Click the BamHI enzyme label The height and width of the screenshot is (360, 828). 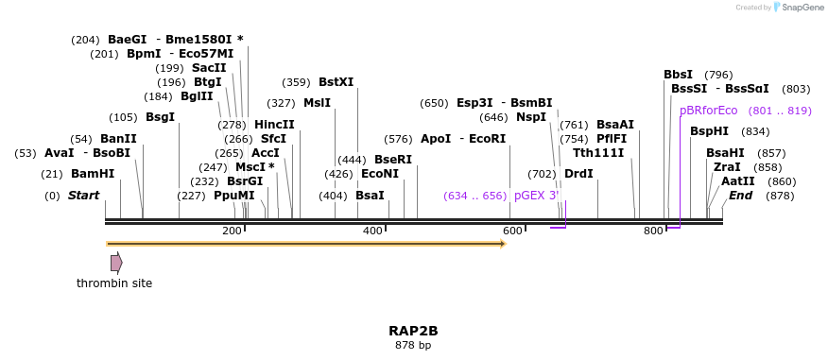click(93, 174)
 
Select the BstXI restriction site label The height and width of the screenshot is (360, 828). click(336, 82)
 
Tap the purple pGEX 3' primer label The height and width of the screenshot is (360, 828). click(537, 196)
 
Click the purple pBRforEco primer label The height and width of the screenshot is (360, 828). click(708, 111)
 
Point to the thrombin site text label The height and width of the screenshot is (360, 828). click(114, 283)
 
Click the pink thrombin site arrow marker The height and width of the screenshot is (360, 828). click(116, 263)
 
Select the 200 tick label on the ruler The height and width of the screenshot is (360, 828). click(232, 231)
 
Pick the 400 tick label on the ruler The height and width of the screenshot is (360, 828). click(372, 231)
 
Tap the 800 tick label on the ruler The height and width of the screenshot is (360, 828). click(653, 231)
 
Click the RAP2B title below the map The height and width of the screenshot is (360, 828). click(413, 331)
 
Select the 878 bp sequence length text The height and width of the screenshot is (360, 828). click(413, 346)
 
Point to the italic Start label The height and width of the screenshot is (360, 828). click(83, 196)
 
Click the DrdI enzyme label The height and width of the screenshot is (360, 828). click(578, 174)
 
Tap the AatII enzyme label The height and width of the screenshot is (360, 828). click(738, 181)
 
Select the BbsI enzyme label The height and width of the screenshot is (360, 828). click(678, 75)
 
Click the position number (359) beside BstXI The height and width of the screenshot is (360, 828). click(296, 82)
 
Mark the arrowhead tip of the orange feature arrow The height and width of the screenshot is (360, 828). click(506, 244)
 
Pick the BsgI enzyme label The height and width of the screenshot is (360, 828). click(160, 117)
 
